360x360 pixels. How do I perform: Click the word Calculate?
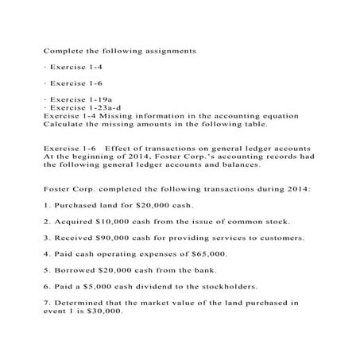pyautogui.click(x=63, y=123)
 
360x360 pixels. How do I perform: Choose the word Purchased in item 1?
pyautogui.click(x=77, y=203)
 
